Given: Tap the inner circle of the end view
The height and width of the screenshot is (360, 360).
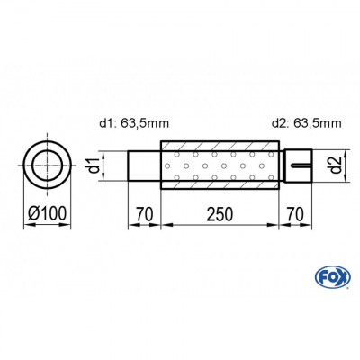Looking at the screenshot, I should click(x=46, y=165).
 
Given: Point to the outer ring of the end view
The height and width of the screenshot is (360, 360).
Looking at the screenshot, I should click(x=46, y=145).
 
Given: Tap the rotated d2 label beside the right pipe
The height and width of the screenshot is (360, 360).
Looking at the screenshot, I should click(x=332, y=165).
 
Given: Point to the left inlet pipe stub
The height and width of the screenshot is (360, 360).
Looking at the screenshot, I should click(x=144, y=165).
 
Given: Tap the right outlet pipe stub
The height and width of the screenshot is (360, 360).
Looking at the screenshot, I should click(x=300, y=165).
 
